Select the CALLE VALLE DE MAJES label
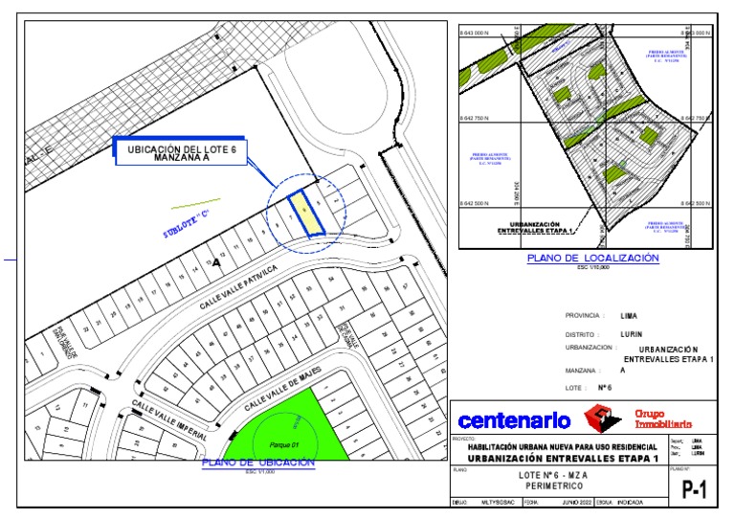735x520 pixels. (280, 388)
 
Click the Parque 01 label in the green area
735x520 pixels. (284, 444)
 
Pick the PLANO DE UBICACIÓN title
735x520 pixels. (258, 463)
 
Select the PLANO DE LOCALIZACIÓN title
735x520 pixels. (593, 259)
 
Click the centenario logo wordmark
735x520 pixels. (514, 420)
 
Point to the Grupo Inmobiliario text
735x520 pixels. (662, 419)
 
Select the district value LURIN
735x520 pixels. (630, 334)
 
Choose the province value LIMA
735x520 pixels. (629, 315)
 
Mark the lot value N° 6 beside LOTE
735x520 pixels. (631, 388)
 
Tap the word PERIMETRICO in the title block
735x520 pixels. (552, 486)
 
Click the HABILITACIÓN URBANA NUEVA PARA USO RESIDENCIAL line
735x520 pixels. (562, 447)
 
